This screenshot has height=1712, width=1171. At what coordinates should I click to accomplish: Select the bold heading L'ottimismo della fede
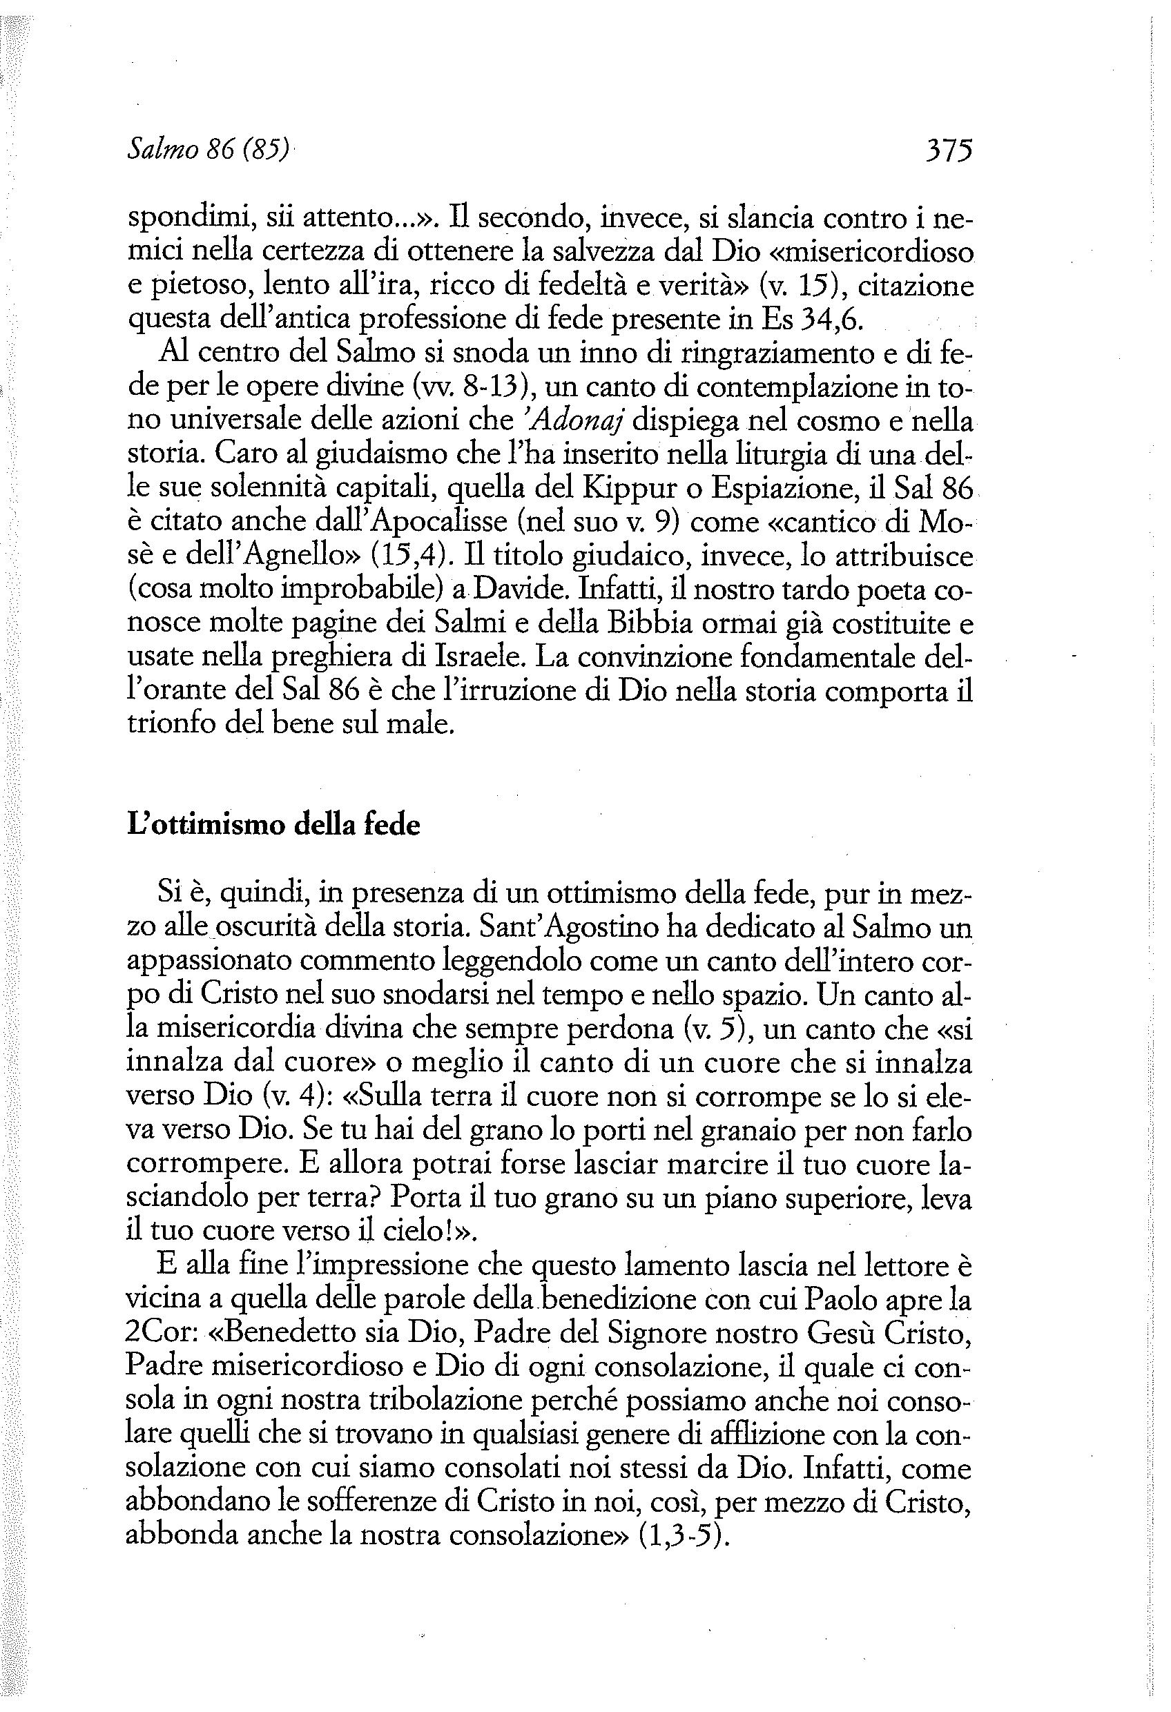click(273, 824)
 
